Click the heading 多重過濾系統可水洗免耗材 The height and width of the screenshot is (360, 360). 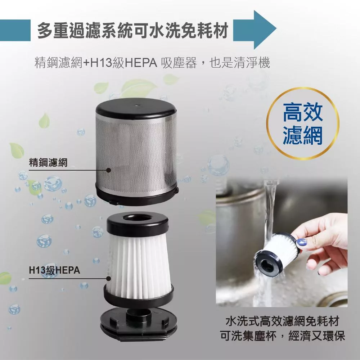(132, 30)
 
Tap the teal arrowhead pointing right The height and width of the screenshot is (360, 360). (264, 30)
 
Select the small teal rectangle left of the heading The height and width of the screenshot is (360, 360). (15, 30)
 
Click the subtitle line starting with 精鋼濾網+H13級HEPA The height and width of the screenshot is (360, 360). (152, 62)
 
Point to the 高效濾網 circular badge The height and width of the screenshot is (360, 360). (303, 123)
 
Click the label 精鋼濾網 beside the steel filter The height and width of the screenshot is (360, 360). (48, 163)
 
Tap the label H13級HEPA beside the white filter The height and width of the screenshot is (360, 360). (54, 270)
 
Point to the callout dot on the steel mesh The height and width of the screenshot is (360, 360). (109, 170)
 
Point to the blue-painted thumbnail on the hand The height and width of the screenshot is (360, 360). (301, 242)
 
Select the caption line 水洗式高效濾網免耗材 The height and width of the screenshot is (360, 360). (282, 321)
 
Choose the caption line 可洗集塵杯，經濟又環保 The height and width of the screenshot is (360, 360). (282, 336)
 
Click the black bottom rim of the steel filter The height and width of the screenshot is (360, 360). (137, 195)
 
